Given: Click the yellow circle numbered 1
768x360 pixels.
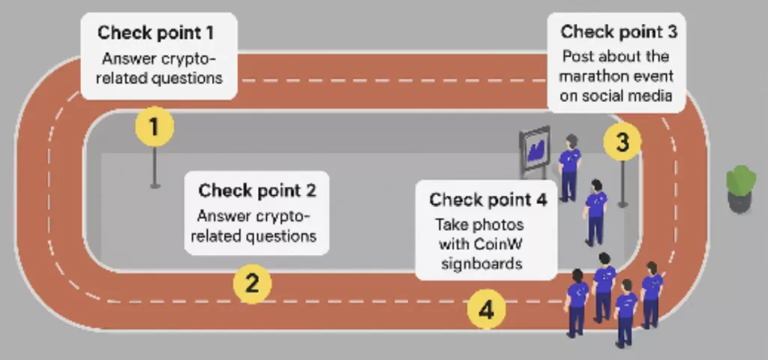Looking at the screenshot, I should coord(154,127).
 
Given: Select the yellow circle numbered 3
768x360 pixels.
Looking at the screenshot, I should coord(622,142).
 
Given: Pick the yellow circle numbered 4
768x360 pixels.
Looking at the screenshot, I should coord(486,309).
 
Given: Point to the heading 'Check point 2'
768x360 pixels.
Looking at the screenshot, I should coord(257,190).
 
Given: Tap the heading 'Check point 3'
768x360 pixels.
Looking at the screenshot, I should coord(619,32).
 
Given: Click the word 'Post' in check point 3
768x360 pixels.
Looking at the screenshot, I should coord(579,57).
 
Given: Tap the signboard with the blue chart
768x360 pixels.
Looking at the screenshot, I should coord(535,148).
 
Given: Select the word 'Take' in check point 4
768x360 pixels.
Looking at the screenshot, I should coord(451,225).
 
